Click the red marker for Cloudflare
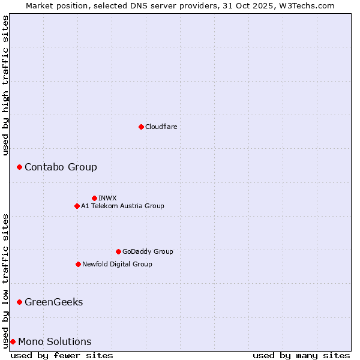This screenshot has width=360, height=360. coord(141,127)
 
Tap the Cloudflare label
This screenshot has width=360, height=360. coord(161,127)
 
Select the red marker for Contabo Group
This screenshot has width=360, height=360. coord(19,167)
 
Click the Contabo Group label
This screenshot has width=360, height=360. coord(61,167)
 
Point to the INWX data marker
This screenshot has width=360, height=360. coord(94,198)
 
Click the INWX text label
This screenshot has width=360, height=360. coord(108,198)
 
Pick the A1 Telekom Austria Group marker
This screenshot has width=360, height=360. coord(77,206)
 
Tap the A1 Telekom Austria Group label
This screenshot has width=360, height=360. coord(122,206)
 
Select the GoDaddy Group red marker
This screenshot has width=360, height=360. coord(118,251)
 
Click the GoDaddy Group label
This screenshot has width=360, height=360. coord(148,251)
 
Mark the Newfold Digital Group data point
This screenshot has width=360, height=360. coord(78,264)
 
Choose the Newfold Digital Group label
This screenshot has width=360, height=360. coord(117,264)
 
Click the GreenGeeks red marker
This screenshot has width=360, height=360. coord(19,302)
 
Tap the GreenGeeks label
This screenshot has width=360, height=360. coord(53,302)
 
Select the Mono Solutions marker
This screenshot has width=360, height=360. coord(13,341)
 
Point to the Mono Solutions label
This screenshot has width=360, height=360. coord(55,341)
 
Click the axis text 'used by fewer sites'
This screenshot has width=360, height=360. coord(62,355)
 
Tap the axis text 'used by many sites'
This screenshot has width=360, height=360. coord(301,355)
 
